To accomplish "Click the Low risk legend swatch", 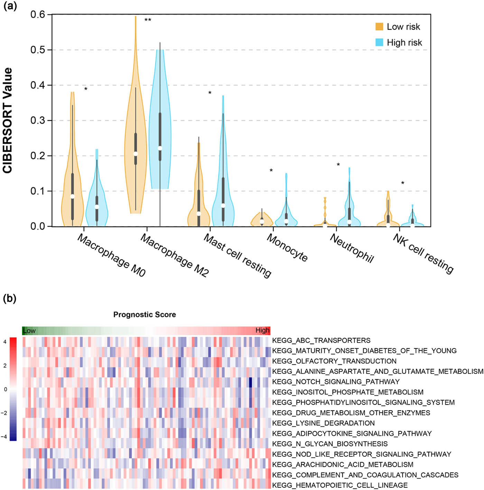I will pyautogui.click(x=379, y=27).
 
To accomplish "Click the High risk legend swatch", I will pyautogui.click(x=379, y=42).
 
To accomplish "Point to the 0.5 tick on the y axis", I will pyautogui.click(x=38, y=50).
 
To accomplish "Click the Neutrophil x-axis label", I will pyautogui.click(x=352, y=248).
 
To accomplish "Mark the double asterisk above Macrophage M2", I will pyautogui.click(x=148, y=20).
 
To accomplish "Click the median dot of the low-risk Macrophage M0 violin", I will pyautogui.click(x=72, y=196).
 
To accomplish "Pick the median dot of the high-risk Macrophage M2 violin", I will pyautogui.click(x=160, y=148).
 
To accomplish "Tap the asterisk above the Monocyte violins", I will pyautogui.click(x=271, y=170).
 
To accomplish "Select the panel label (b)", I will pyautogui.click(x=10, y=298).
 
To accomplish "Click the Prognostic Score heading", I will pyautogui.click(x=145, y=314).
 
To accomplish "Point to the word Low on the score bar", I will pyautogui.click(x=29, y=331).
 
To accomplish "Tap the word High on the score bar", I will pyautogui.click(x=262, y=330).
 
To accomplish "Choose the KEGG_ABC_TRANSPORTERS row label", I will pyautogui.click(x=321, y=340).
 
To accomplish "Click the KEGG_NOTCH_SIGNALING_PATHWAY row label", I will pyautogui.click(x=336, y=382).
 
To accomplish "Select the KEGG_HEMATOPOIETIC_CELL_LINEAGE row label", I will pyautogui.click(x=340, y=485).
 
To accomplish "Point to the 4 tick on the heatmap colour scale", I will pyautogui.click(x=5, y=342).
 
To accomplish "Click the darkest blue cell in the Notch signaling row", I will pyautogui.click(x=250, y=382).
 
